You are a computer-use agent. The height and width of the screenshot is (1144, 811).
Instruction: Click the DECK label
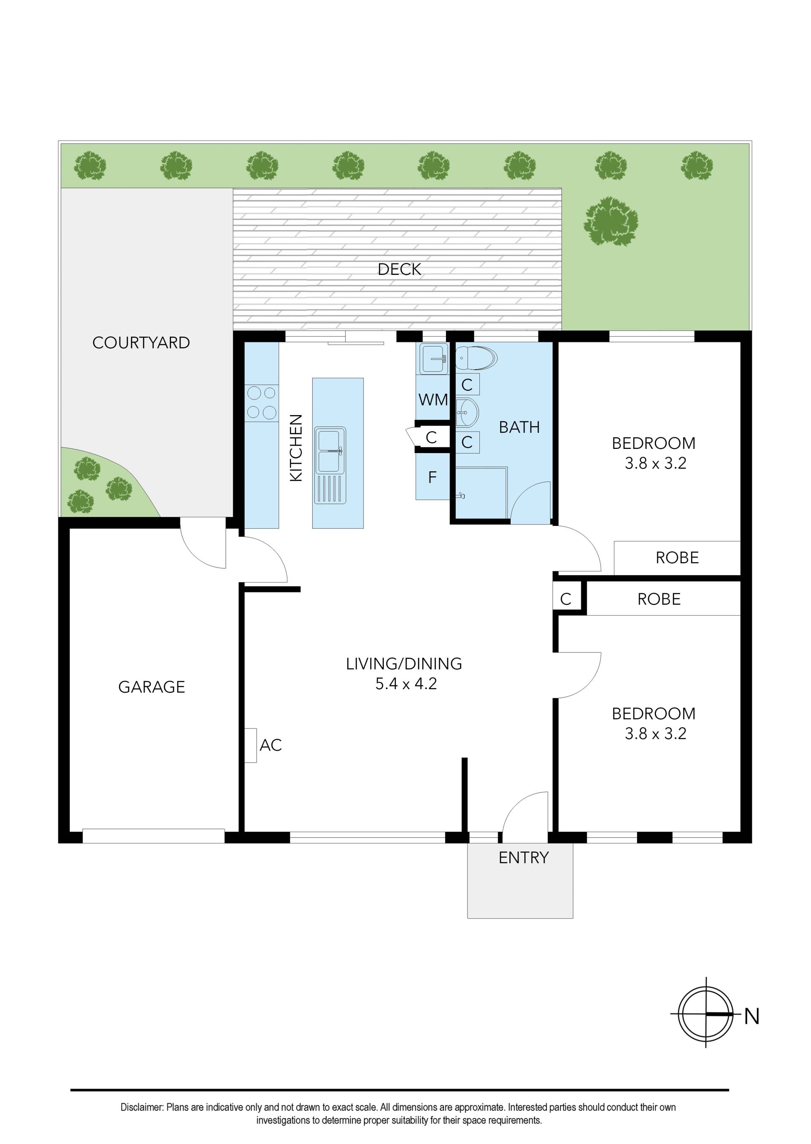pos(399,269)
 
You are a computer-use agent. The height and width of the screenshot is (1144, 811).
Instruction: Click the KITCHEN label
pos(296,448)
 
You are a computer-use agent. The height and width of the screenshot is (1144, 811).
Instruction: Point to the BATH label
pos(520,427)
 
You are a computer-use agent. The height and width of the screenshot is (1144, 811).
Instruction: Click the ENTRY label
pos(523,858)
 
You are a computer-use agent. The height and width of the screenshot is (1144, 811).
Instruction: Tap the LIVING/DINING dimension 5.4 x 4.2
pos(405,683)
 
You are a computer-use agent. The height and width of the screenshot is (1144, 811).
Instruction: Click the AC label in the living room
pos(271,745)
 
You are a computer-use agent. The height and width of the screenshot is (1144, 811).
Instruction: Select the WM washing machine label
pos(433,400)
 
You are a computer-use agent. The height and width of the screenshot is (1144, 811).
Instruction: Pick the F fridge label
pos(433,478)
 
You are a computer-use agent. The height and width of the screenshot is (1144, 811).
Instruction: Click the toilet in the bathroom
pos(476,357)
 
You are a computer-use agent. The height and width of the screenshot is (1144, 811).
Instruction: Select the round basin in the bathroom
pos(467,413)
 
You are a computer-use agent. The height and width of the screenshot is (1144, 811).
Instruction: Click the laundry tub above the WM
pos(434,359)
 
